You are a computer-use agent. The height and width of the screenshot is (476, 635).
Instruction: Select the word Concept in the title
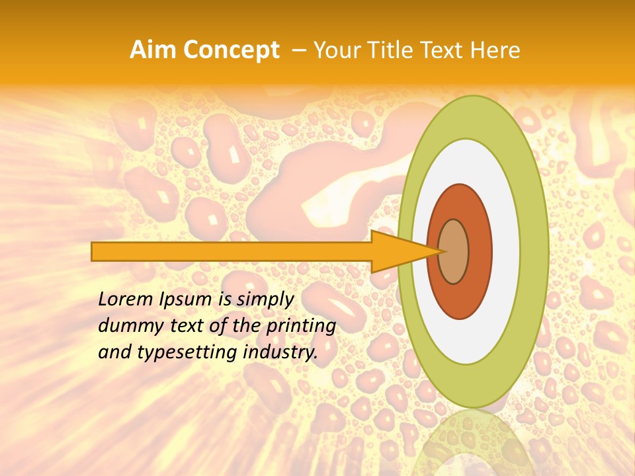(x=230, y=50)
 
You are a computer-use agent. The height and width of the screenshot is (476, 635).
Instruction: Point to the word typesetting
(x=183, y=353)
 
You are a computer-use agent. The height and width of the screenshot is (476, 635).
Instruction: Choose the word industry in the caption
(x=278, y=352)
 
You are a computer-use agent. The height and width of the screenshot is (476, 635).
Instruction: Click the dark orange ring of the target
(x=480, y=251)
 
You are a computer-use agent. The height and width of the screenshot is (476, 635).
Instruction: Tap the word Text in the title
(x=444, y=50)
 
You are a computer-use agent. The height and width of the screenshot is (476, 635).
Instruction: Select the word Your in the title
(x=335, y=50)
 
